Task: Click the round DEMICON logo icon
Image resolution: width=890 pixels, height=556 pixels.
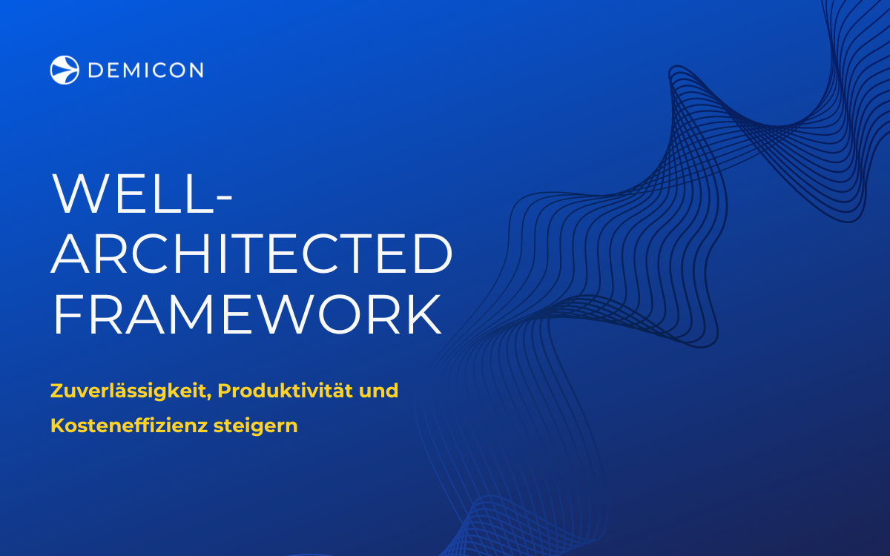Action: pos(65,70)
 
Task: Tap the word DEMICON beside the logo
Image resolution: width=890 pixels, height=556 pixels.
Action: pos(145,70)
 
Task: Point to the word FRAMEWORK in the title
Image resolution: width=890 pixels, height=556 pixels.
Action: pos(247,316)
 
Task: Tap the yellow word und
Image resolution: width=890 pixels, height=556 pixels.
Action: pos(378,390)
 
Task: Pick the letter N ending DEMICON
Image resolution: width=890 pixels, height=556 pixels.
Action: pos(195,70)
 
